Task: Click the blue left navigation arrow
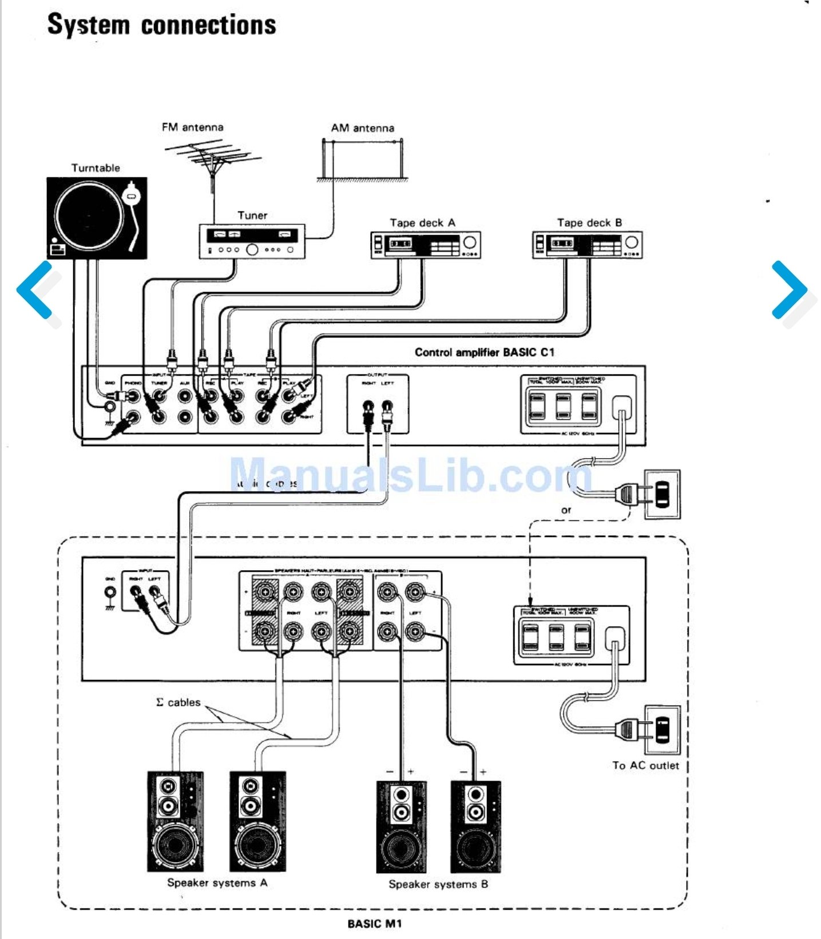click(x=35, y=290)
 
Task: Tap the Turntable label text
click(x=96, y=168)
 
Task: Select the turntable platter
click(x=89, y=217)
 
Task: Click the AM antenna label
click(x=363, y=128)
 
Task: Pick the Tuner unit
click(x=252, y=242)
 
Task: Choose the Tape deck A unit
click(x=426, y=245)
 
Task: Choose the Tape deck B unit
click(x=588, y=245)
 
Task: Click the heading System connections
click(x=162, y=25)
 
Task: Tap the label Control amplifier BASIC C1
click(x=485, y=352)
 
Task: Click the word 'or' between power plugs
click(x=566, y=510)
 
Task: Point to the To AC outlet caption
click(x=645, y=765)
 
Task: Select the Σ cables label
click(x=179, y=702)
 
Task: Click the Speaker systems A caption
click(x=217, y=882)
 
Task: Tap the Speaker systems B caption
click(x=438, y=884)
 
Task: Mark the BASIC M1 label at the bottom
click(x=375, y=924)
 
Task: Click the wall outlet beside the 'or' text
click(x=662, y=494)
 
